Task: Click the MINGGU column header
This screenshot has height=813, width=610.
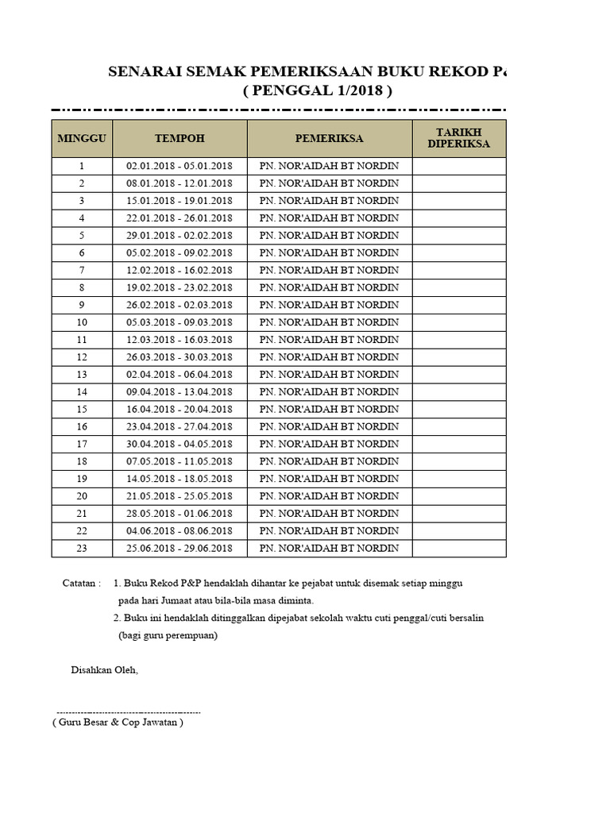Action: point(82,138)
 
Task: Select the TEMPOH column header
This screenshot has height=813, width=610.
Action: point(180,138)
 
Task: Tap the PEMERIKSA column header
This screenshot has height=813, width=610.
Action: point(329,138)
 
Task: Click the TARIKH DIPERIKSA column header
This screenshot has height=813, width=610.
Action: point(458,138)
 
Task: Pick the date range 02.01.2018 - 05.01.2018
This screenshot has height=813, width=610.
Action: point(180,166)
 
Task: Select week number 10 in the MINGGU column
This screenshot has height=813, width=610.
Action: point(82,322)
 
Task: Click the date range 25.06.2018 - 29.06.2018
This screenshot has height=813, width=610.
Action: point(180,549)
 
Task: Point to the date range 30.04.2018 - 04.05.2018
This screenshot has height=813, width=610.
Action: point(180,444)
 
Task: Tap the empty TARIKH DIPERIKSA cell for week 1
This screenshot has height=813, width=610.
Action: point(458,166)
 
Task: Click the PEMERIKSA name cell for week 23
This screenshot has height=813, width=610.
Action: point(329,549)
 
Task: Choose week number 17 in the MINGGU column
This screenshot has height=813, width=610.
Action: point(82,444)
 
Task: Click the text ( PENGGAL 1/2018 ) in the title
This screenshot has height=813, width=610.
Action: point(317,92)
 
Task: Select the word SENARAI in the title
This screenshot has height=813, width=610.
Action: point(145,72)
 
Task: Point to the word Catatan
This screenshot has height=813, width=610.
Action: point(81,584)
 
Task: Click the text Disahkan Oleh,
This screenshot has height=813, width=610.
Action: point(104,670)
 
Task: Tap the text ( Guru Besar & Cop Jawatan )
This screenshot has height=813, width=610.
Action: point(118,722)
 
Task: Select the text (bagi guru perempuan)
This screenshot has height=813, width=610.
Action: point(168,635)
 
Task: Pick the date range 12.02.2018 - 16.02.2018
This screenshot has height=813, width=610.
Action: point(180,270)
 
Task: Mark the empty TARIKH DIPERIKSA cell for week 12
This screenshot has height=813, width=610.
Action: point(458,357)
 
